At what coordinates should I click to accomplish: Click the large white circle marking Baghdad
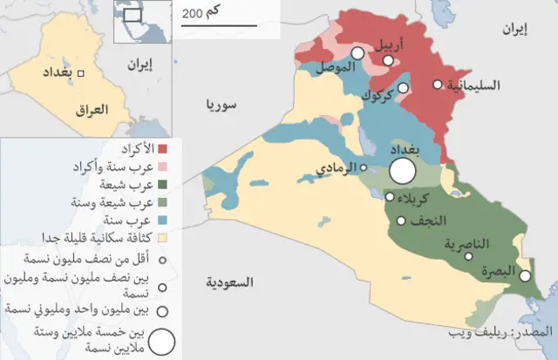click(x=402, y=170)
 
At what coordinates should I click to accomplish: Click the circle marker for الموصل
click(x=357, y=53)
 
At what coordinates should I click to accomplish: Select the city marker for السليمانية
click(x=438, y=85)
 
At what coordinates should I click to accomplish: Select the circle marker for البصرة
click(x=526, y=275)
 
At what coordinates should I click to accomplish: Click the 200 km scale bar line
click(x=219, y=25)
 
